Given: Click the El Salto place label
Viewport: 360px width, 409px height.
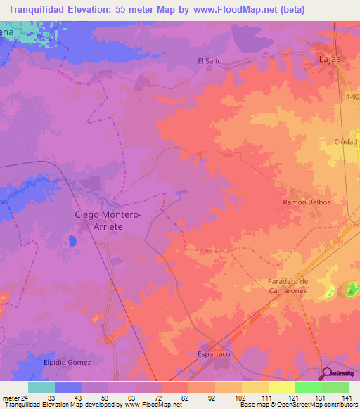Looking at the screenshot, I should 210,61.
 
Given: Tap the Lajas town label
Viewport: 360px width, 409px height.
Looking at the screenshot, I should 329,59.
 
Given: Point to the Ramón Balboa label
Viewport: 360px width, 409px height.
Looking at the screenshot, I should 307,202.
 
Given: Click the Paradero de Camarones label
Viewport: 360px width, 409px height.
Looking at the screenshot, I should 288,285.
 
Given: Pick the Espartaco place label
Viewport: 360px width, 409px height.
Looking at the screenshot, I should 214,354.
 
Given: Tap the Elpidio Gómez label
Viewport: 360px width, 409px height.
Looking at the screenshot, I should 67,362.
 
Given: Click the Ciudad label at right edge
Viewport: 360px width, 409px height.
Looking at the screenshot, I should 347,142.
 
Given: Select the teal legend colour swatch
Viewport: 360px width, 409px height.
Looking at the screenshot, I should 41,387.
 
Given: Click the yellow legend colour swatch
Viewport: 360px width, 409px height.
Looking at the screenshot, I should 281,387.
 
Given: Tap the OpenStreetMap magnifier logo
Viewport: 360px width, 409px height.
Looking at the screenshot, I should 328,372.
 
